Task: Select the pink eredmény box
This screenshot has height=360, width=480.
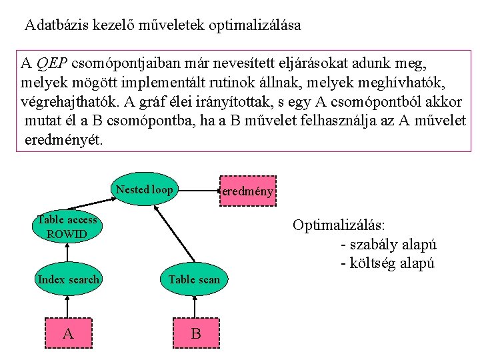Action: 247,191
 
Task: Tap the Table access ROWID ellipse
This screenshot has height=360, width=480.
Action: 67,227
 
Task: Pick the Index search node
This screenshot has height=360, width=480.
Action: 68,279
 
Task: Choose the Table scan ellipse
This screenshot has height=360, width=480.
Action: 194,279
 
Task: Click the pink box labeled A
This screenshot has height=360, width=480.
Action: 68,332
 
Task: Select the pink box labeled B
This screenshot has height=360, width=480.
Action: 195,333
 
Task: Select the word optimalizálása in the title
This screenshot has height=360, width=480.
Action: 255,26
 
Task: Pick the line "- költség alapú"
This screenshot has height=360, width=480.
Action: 387,263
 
